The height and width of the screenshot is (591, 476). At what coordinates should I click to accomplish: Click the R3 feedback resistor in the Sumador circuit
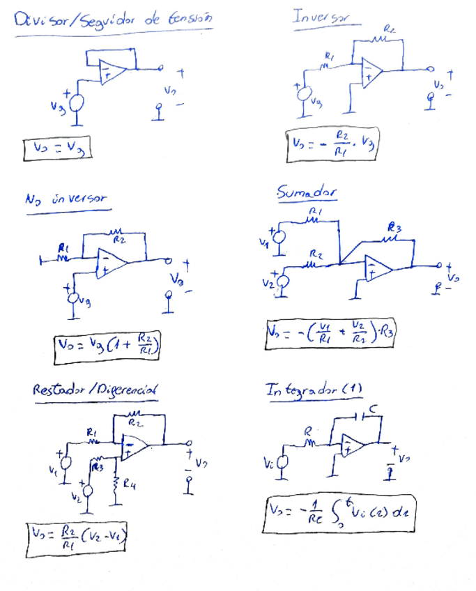click(392, 239)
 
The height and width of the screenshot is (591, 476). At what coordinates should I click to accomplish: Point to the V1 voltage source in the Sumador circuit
click(279, 238)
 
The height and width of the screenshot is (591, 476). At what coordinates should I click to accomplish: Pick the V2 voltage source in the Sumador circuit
click(283, 283)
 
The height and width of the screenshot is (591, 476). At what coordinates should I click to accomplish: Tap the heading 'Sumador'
click(307, 192)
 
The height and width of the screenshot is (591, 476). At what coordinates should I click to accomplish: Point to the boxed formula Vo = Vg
click(58, 149)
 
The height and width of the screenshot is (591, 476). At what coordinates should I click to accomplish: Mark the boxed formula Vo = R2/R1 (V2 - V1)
click(78, 537)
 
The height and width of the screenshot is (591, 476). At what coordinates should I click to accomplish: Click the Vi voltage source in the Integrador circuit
click(283, 461)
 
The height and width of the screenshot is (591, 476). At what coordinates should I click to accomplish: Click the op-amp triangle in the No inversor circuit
click(111, 263)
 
